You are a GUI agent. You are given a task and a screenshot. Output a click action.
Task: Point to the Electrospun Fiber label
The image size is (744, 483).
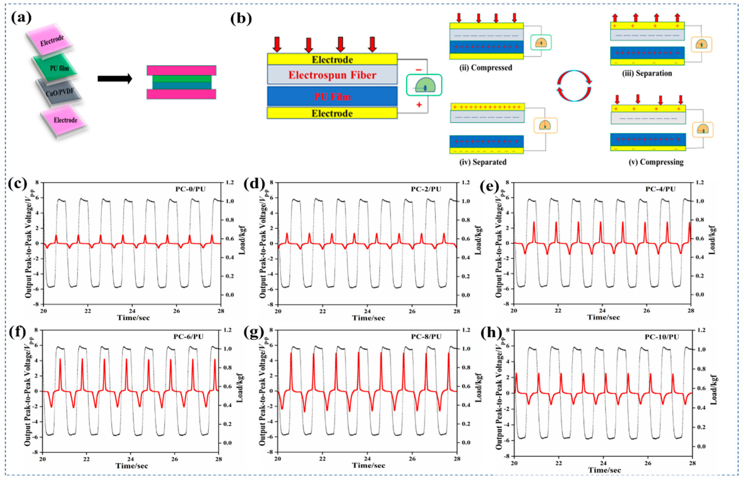click(332, 75)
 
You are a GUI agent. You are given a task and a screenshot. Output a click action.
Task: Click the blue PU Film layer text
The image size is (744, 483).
click(332, 97)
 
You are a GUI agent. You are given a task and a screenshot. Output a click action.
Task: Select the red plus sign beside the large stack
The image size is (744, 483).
click(419, 105)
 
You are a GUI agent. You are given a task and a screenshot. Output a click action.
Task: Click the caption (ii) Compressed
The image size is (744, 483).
click(485, 68)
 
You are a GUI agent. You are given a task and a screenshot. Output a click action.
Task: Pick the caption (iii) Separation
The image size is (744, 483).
click(647, 73)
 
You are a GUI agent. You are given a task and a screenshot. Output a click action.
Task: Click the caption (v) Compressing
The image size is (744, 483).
click(656, 162)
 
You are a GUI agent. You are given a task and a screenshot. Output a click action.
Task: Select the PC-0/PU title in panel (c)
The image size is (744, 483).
click(190, 189)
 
